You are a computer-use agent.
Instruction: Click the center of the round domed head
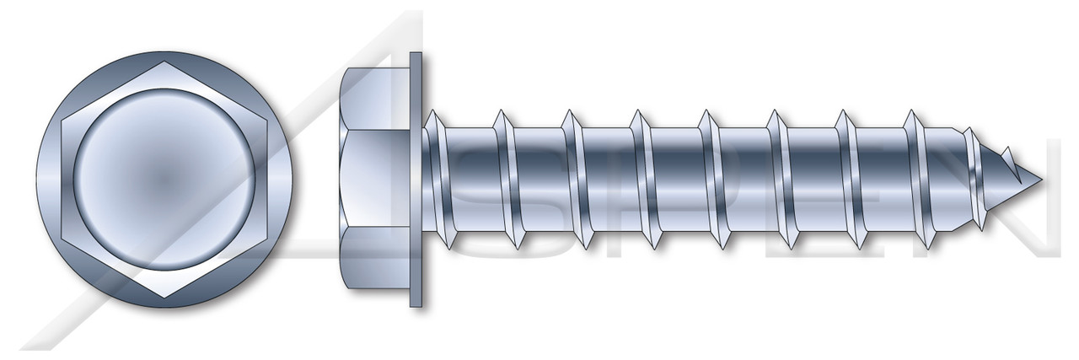(x=165, y=180)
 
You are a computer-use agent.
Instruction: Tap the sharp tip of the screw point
(x=1042, y=180)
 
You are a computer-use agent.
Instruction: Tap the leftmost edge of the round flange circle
(x=37, y=180)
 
